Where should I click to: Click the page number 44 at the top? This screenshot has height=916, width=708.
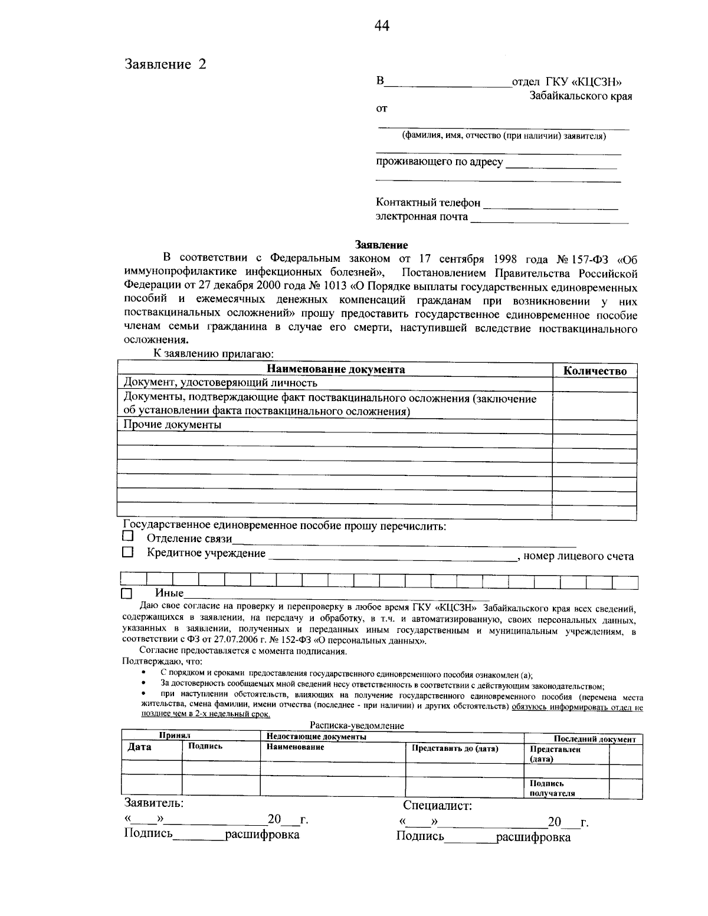point(382,26)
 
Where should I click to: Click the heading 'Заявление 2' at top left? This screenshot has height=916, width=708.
point(165,64)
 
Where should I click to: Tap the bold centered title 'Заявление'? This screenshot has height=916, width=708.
point(381,245)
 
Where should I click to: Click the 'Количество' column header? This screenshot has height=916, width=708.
point(595,370)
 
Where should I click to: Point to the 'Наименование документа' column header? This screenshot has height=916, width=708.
point(336,369)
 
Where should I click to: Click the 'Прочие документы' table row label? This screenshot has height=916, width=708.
point(173,425)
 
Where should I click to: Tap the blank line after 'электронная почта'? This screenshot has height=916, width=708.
point(549,219)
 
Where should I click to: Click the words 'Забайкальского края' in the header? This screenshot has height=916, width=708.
point(580,97)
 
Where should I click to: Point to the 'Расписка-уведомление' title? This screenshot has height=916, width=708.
point(357,726)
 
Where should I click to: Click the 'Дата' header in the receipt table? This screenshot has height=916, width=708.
point(140,747)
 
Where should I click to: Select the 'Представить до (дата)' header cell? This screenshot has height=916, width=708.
point(455,748)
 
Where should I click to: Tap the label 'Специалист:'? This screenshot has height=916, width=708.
point(437,806)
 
